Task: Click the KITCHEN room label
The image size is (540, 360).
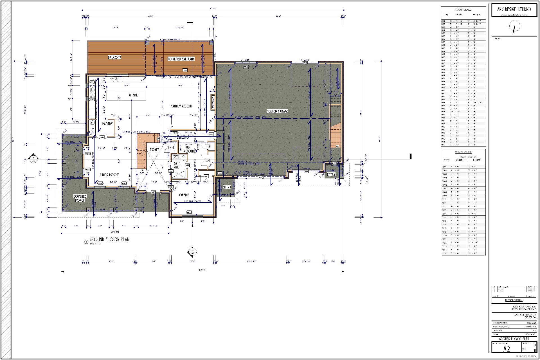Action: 134,95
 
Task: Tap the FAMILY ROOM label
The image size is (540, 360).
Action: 181,106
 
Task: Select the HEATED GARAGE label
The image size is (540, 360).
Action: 277,111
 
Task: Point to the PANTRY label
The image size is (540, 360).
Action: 107,124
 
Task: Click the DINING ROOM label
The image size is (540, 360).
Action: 109,175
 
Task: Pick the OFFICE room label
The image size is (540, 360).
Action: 184,195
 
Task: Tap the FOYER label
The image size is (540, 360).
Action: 154,150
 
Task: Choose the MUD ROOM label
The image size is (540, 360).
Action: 188,149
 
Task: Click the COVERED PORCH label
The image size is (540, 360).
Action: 80,198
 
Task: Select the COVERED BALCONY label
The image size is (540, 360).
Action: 181,59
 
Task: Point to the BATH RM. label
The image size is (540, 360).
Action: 177,165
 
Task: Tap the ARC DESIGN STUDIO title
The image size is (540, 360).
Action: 514,9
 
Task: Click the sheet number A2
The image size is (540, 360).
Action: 506,349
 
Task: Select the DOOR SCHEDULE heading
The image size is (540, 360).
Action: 463,10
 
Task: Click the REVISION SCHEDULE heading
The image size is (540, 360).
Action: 514,300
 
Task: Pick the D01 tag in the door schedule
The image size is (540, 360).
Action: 443,21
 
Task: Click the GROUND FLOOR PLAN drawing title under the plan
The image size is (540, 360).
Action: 109,240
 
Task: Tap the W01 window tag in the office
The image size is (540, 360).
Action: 189,212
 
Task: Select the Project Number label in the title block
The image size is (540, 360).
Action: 500,323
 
